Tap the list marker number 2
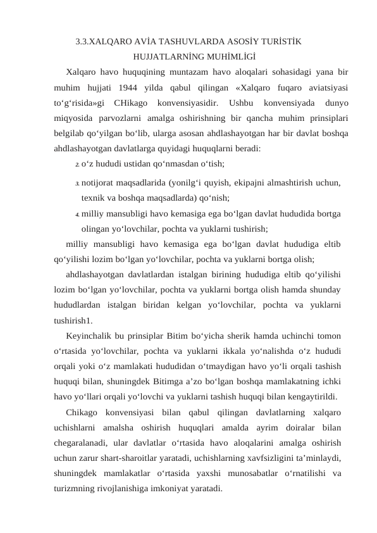click(77, 165)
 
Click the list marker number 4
click(77, 215)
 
